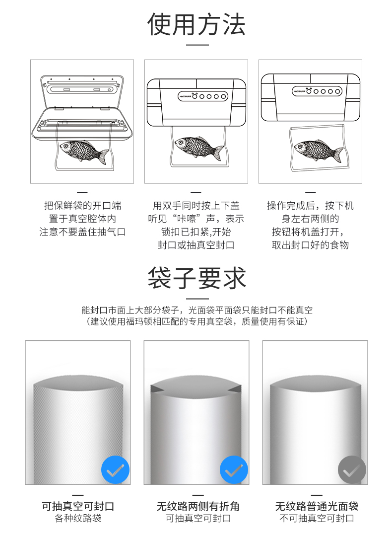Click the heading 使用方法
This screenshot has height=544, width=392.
pos(196,25)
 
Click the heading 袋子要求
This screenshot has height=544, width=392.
pos(196,278)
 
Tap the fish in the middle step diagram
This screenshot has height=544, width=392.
pos(199,148)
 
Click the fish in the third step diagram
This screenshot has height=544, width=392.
pos(319,151)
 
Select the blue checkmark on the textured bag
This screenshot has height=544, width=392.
pos(115,470)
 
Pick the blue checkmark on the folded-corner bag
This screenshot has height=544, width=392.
pos(234,470)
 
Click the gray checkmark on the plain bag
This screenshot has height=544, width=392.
pos(352,470)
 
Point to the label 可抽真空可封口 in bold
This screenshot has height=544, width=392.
pos(78,506)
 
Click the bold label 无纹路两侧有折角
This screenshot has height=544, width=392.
pos(198,506)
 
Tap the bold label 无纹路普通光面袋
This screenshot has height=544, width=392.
pos(317,506)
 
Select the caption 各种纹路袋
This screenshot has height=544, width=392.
pos(78,518)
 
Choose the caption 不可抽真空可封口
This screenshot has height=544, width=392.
pos(317,518)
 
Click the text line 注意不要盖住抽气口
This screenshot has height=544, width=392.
pos(82,232)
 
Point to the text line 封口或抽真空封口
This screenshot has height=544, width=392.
pos(196,245)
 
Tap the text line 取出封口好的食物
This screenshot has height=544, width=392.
pos(310,245)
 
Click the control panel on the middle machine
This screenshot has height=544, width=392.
pos(203,96)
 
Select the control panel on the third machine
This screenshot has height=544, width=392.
pos(317,91)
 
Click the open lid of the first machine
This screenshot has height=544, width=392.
pos(82,92)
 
